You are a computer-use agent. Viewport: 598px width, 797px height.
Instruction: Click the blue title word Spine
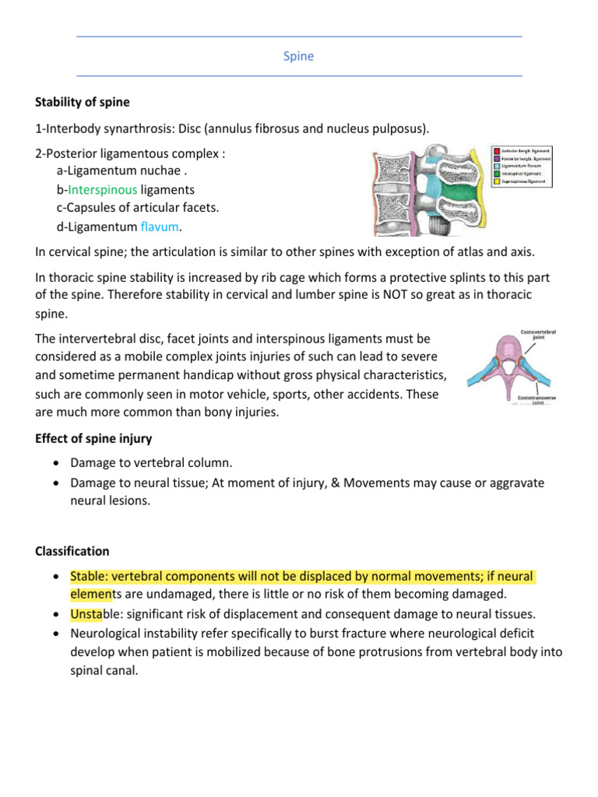point(299,57)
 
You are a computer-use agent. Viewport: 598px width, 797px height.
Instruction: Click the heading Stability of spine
point(83,102)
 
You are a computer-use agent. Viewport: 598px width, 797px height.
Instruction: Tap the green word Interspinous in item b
point(102,189)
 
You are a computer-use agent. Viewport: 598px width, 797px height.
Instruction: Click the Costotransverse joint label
point(536,400)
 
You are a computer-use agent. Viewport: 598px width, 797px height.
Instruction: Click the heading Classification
point(72,551)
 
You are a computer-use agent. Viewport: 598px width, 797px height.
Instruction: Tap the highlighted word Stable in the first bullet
point(87,577)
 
